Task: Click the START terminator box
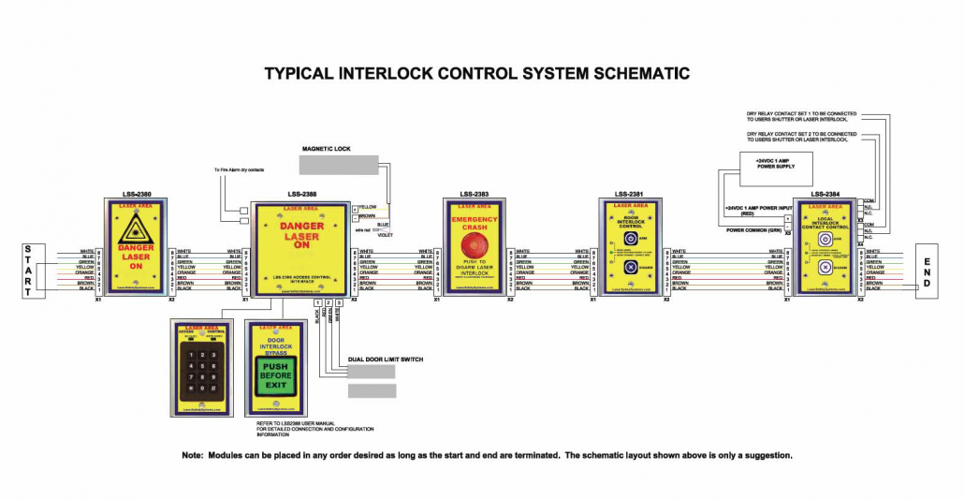(x=27, y=272)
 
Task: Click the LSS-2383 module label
(x=475, y=195)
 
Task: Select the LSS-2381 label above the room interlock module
(x=629, y=195)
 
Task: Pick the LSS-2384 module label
(x=825, y=195)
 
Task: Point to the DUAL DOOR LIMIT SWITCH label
(x=383, y=359)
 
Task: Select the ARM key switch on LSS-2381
(x=631, y=239)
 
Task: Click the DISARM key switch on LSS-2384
(x=825, y=268)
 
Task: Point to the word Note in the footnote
(x=193, y=456)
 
